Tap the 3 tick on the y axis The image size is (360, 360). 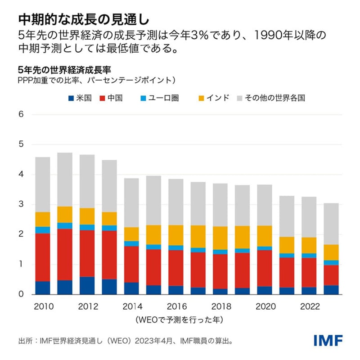[20, 205]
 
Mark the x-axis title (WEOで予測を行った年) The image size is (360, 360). [175, 319]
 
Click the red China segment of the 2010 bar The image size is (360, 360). [43, 257]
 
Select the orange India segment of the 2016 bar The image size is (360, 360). [175, 235]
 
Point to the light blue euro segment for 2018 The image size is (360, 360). [220, 252]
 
